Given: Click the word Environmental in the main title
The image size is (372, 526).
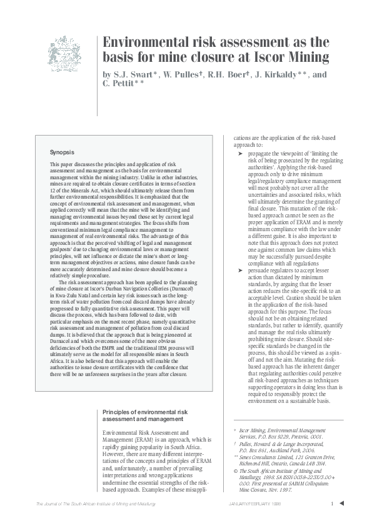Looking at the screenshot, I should pos(148,43).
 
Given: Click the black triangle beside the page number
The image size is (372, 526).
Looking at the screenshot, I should pos(342,504).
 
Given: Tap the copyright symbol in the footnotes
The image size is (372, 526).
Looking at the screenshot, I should pos(234,462).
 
